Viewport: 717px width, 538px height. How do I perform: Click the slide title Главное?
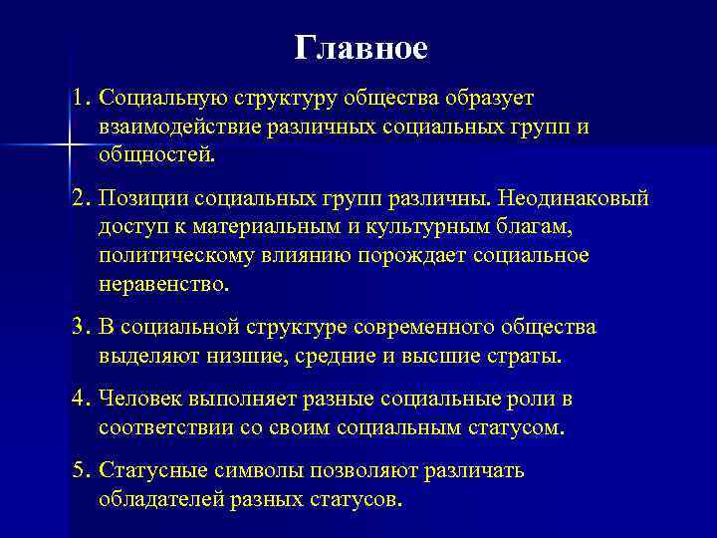361,48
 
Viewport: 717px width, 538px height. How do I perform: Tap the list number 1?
80,99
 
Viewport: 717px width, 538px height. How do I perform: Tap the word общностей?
155,155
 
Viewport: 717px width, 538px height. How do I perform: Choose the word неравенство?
162,284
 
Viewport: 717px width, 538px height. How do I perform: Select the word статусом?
514,428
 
